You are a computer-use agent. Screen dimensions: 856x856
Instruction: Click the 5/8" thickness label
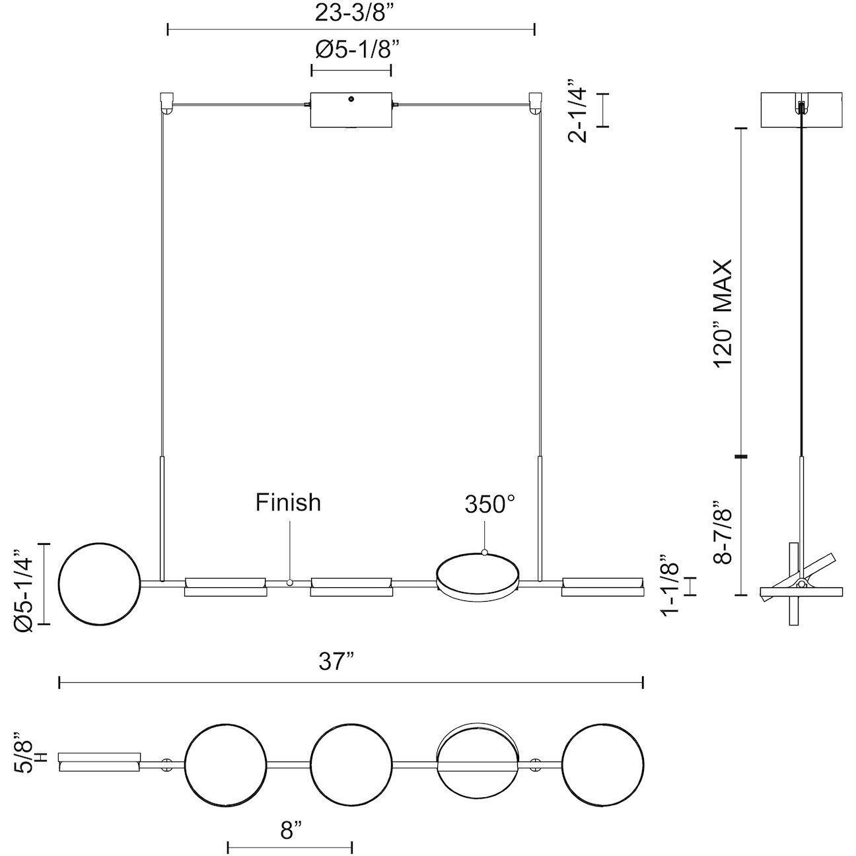pos(30,752)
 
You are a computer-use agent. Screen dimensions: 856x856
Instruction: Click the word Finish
pos(288,503)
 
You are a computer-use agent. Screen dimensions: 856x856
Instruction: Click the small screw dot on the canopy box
pos(351,99)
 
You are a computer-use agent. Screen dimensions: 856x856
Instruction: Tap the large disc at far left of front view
pos(99,583)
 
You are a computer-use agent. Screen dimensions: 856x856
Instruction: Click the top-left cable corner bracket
pos(166,103)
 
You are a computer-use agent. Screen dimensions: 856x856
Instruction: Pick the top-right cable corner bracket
pos(536,103)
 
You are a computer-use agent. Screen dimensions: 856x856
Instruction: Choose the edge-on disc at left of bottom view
pos(100,762)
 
